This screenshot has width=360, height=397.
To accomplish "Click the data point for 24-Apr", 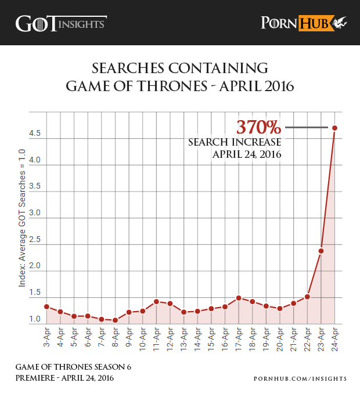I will point(335,128).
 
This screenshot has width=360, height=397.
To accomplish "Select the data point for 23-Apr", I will point(321,251).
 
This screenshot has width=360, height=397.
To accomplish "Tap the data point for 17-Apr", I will point(239,298).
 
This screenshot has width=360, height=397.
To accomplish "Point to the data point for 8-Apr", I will point(115,320).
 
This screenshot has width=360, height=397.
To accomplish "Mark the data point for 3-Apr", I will point(46,306).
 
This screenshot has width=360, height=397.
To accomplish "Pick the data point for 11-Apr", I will point(156,302).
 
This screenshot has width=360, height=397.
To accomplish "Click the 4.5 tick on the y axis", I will point(34,133).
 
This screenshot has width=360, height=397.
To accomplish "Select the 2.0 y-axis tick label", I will point(34,266).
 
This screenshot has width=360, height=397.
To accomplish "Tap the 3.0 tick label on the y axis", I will point(34,213).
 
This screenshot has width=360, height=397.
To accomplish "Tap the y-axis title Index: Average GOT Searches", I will point(22,218).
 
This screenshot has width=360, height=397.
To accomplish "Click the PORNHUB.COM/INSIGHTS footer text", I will point(300,378).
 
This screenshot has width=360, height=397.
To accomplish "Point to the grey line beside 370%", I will point(307,127).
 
